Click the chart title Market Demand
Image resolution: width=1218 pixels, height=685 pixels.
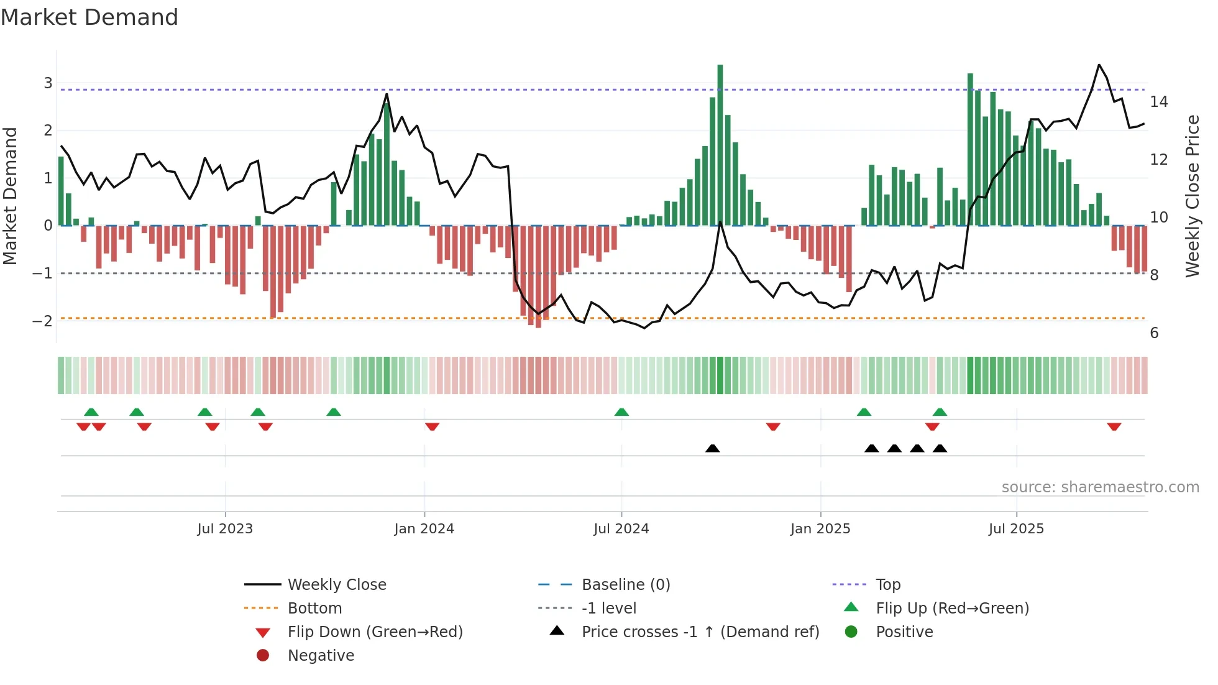click(89, 17)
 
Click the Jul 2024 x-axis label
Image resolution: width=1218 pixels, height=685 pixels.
click(621, 529)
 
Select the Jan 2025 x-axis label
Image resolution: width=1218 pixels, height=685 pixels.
click(820, 529)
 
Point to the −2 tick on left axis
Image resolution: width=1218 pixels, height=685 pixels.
click(42, 321)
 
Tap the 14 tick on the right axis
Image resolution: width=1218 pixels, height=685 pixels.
click(1158, 101)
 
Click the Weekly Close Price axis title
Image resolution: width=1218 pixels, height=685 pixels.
click(1192, 196)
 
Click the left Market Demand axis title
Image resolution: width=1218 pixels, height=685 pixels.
click(11, 196)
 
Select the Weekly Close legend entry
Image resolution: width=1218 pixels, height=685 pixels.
click(336, 584)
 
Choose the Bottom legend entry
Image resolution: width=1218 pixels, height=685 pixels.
click(314, 608)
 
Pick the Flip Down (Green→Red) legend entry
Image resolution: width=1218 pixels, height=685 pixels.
click(375, 632)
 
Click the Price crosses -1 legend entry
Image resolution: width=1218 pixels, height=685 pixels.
click(700, 632)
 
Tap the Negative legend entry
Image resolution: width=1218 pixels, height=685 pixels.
click(321, 655)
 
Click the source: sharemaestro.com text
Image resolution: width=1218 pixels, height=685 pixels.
click(1100, 487)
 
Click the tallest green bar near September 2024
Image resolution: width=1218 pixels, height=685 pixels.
click(720, 143)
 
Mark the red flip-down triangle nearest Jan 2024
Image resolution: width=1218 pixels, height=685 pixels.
click(433, 426)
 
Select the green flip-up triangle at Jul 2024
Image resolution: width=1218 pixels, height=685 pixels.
click(621, 412)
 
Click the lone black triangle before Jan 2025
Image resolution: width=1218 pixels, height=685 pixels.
click(713, 448)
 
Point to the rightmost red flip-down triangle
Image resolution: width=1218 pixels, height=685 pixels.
click(1114, 426)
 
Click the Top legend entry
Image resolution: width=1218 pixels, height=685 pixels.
click(887, 584)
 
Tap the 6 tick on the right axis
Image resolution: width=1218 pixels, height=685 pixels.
click(1154, 333)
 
